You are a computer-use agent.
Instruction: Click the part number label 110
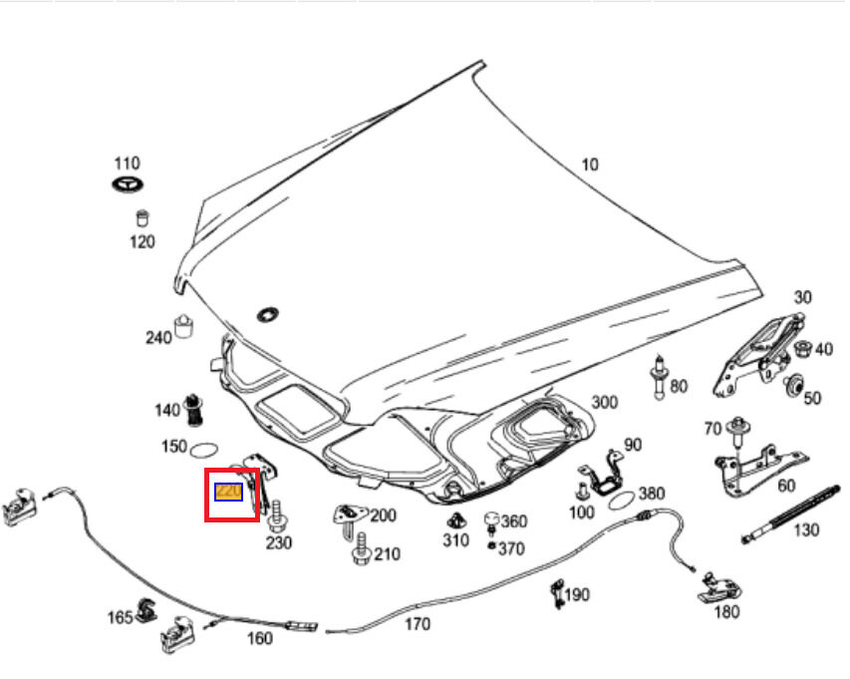coord(127,164)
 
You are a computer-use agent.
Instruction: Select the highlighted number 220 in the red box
coord(228,492)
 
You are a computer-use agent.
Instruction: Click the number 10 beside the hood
coord(590,165)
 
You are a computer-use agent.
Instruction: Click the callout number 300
coord(604,402)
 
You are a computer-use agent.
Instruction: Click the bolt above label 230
coord(276,514)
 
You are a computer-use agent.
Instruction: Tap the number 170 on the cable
coord(419,624)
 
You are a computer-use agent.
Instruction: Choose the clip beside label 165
coord(145,610)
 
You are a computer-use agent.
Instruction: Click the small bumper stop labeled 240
coord(183,326)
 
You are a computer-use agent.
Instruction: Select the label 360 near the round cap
coord(514,521)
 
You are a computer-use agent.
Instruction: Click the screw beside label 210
coord(360,551)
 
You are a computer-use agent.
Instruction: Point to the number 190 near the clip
coord(577,595)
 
